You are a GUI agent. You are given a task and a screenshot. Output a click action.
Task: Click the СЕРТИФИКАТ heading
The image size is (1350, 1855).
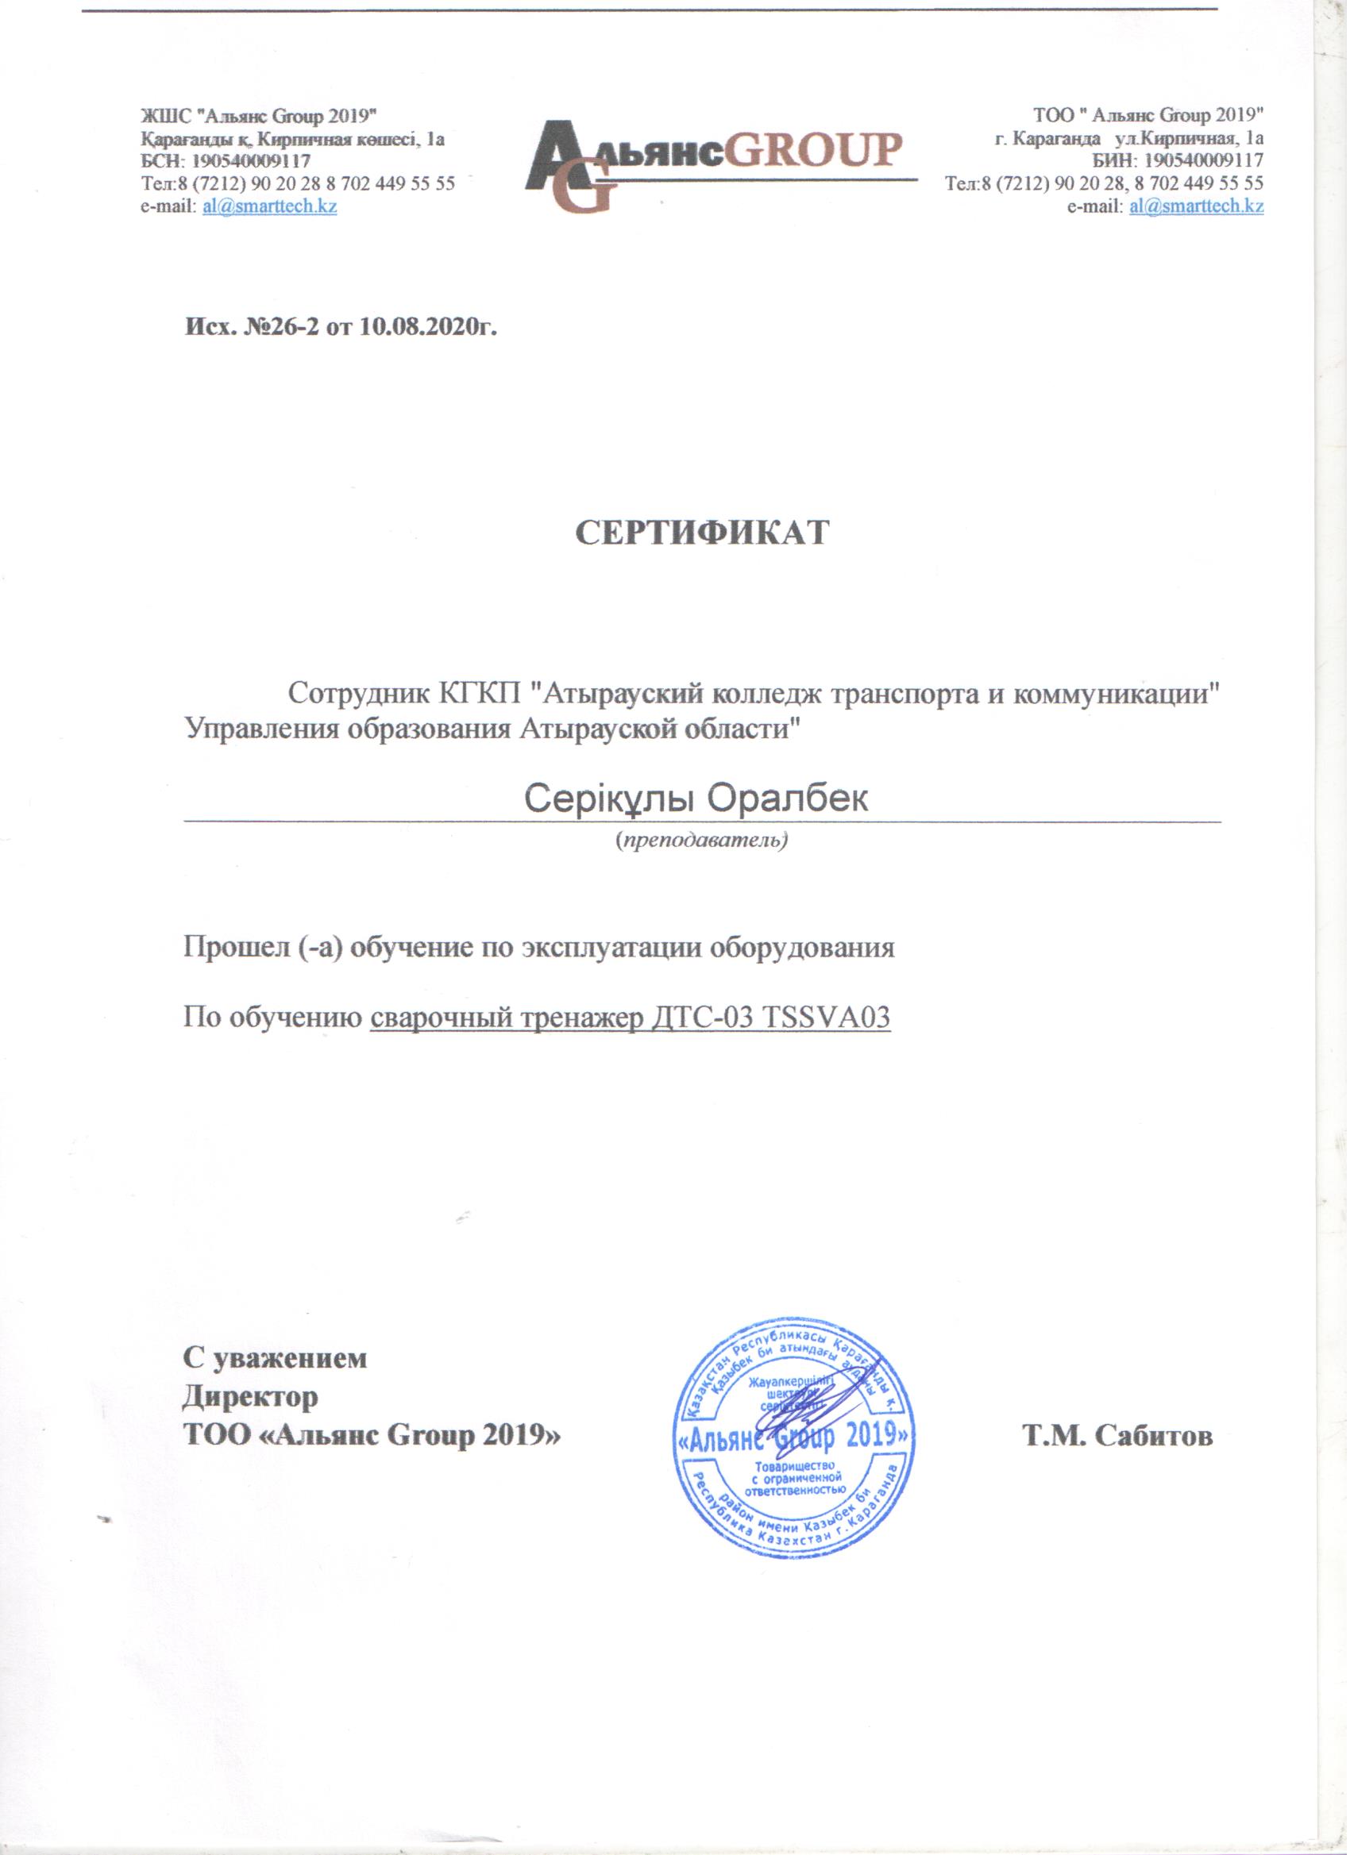tap(703, 533)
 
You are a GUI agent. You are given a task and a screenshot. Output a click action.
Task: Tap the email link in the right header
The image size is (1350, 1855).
tap(1196, 207)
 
